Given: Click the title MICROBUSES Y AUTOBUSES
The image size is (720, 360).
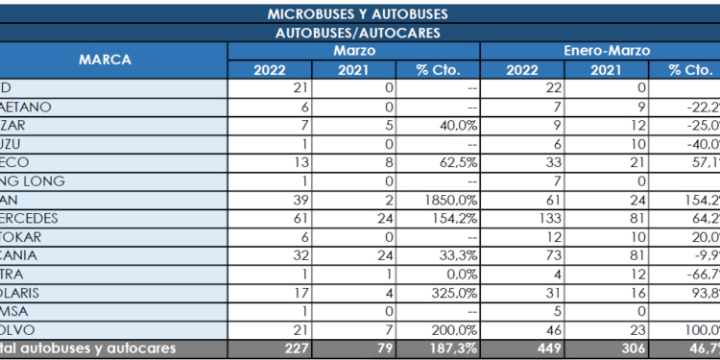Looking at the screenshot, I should [x=357, y=14].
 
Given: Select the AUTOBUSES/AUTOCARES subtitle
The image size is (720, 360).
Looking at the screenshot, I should [x=357, y=33].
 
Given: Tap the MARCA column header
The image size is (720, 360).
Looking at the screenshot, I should [x=106, y=60].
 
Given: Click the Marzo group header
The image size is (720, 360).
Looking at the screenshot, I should [x=354, y=50].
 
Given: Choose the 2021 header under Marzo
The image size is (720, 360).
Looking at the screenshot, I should [x=354, y=69].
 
